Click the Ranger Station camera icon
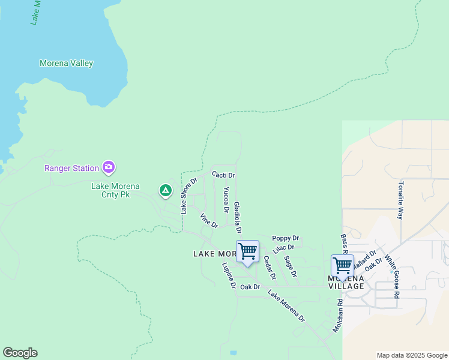109,167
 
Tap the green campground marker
166,191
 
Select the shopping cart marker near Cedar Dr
247,252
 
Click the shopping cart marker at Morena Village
342,265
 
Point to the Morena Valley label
66,63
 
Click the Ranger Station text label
72,168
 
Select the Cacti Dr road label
223,175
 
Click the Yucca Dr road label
226,200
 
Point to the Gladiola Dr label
238,217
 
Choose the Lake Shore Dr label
189,196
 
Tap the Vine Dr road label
209,221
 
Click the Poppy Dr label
285,238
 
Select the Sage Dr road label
291,266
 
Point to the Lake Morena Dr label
286,305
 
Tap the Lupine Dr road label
229,275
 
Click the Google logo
20,353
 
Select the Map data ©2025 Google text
412,355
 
